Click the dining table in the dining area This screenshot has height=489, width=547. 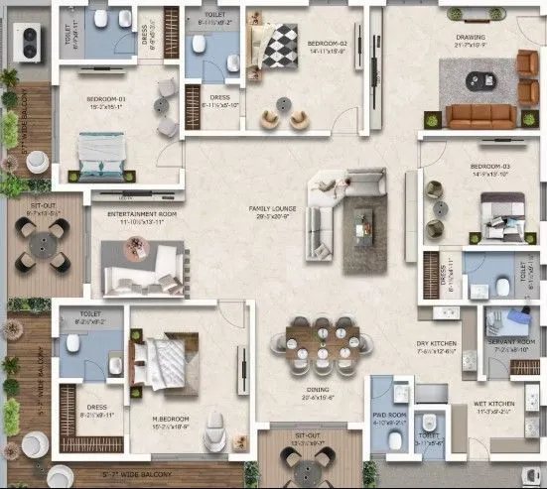[x=321, y=342]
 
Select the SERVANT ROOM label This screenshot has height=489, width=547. [x=511, y=345]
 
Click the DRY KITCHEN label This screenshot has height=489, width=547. [x=436, y=346]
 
